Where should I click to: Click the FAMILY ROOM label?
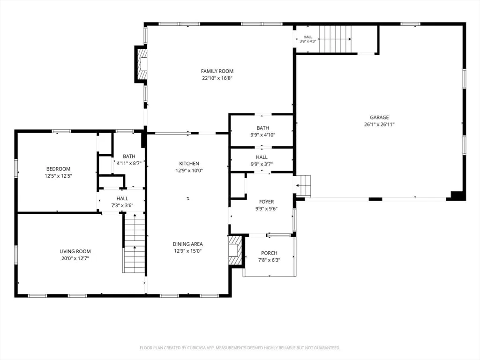click(217, 71)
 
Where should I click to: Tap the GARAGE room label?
click(379, 117)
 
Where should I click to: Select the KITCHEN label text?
click(189, 164)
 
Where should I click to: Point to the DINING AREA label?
click(187, 244)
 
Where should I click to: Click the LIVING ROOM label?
click(75, 251)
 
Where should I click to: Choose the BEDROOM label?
click(58, 169)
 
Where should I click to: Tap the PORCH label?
click(269, 253)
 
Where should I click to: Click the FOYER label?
click(266, 202)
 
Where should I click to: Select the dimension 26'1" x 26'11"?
click(379, 124)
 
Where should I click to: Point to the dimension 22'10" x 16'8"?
click(217, 78)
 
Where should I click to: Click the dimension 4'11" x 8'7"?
click(129, 163)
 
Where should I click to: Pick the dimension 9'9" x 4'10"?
click(263, 135)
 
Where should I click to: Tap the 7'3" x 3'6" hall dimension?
click(122, 205)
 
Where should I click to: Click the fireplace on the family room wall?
click(141, 64)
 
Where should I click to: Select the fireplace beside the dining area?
click(236, 250)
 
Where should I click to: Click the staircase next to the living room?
click(134, 244)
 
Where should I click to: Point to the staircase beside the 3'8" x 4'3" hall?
click(335, 39)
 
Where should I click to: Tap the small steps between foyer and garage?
click(303, 186)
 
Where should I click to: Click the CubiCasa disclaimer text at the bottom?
click(240, 348)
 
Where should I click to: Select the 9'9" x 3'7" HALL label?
click(262, 160)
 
